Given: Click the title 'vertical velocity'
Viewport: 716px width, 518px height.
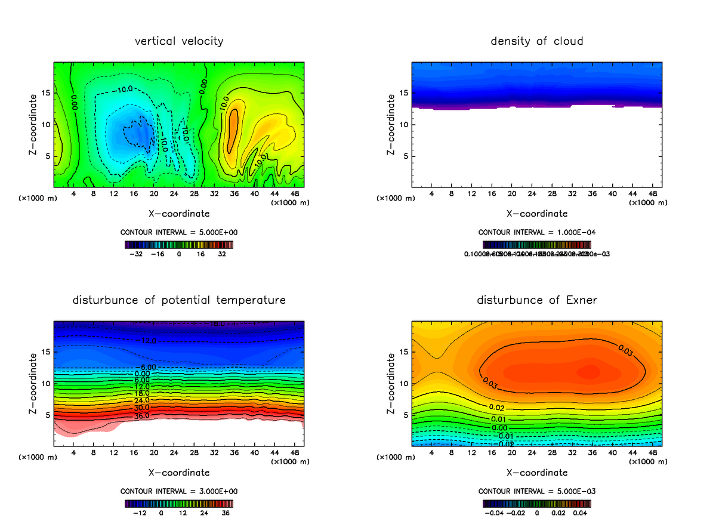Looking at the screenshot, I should tap(179, 41).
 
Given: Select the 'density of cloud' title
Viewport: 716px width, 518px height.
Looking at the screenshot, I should tap(536, 41).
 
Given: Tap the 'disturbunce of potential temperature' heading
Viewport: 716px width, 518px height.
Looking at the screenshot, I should tap(179, 300).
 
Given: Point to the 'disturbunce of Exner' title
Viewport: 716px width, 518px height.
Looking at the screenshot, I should tap(536, 300).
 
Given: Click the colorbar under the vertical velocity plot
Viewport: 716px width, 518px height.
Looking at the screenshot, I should tap(179, 244).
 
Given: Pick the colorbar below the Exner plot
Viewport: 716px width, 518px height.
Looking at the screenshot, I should tap(536, 503).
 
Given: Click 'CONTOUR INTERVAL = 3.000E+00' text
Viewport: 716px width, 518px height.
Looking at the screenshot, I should tap(179, 491).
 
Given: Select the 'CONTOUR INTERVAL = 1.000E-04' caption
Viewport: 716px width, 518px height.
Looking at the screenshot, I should tap(536, 232).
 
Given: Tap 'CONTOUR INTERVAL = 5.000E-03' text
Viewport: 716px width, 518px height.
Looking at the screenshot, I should tap(536, 491).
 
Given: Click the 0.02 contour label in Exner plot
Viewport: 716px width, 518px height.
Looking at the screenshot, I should tap(496, 408).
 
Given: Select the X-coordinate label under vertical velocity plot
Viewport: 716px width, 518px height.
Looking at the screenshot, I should tap(179, 213).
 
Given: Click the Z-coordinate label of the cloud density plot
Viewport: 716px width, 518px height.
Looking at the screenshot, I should tap(391, 125).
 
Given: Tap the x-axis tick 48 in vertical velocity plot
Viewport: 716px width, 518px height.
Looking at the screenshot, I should tap(294, 193).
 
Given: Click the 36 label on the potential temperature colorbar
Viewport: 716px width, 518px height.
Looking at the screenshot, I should tap(226, 513).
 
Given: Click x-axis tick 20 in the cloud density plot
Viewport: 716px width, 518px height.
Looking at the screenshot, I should tap(512, 193).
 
